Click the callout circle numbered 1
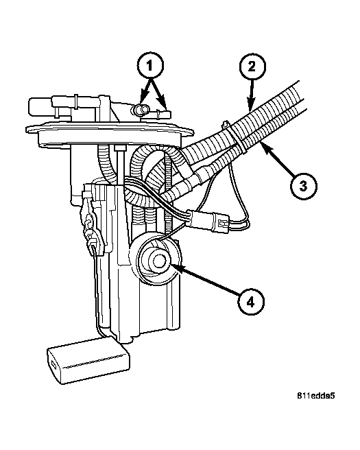pyautogui.click(x=149, y=65)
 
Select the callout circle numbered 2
pyautogui.click(x=252, y=67)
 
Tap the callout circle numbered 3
pyautogui.click(x=303, y=187)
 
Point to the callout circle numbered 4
pyautogui.click(x=250, y=302)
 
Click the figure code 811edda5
pyautogui.click(x=315, y=396)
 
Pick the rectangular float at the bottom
pyautogui.click(x=88, y=360)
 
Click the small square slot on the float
pyautogui.click(x=54, y=364)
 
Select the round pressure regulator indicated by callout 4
pyautogui.click(x=156, y=261)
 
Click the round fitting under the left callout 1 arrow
pyautogui.click(x=141, y=110)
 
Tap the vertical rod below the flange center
pyautogui.click(x=121, y=167)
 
